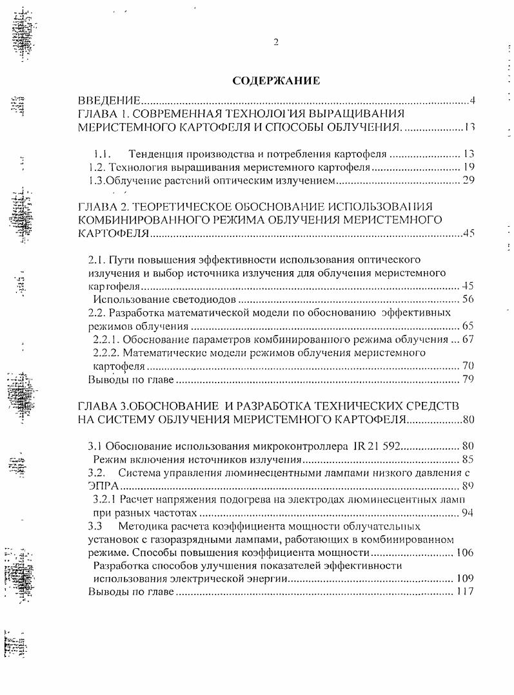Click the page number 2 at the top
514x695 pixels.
276,43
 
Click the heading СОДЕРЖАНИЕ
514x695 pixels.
276,81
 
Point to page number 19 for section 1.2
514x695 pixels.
468,167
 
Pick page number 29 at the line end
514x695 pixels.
468,181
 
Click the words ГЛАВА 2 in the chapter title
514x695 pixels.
103,206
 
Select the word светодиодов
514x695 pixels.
209,300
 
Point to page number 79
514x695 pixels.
468,379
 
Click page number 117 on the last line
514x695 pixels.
464,592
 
